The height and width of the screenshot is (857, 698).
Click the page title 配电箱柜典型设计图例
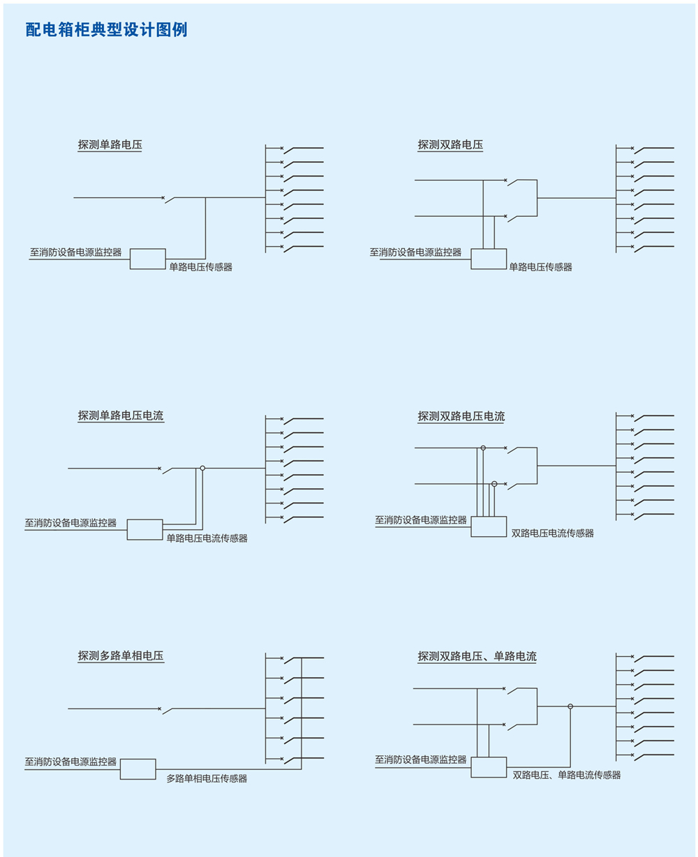coord(106,30)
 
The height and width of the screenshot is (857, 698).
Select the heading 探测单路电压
coord(110,145)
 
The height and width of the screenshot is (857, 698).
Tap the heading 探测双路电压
coord(450,145)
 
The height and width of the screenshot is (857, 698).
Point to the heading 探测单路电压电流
coord(121,416)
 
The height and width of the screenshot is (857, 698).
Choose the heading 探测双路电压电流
coord(461,416)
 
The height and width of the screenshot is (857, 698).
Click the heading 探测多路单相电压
coord(121,656)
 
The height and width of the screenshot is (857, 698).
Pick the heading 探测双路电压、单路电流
coord(477,657)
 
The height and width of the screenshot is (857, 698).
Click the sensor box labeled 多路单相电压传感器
coord(138,769)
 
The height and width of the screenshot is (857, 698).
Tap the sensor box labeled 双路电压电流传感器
coord(489,526)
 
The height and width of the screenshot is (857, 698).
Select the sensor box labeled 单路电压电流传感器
coord(144,529)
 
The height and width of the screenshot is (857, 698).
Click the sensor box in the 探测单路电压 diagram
coord(147,259)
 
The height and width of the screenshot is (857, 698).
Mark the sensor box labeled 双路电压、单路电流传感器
coord(489,767)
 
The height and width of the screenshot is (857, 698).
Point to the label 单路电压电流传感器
coord(207,538)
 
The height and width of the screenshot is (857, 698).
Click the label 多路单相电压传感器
coord(207,778)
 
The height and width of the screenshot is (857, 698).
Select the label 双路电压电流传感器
coord(553,533)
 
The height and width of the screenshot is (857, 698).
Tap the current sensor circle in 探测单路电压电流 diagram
coord(202,468)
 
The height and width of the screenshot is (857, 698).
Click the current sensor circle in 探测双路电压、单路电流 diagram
coord(570,706)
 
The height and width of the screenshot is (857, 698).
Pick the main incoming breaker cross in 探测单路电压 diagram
coord(163,197)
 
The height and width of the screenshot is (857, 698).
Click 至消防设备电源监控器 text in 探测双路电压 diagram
coord(415,252)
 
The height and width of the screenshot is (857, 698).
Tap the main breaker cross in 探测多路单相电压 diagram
coord(160,708)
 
